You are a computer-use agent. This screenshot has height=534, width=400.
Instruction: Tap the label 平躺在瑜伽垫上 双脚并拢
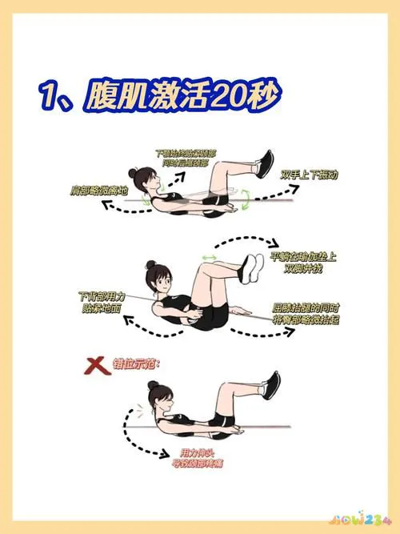coord(303,264)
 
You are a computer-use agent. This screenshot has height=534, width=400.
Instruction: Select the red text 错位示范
coord(141,364)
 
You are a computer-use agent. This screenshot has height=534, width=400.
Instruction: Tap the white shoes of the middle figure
coord(254,268)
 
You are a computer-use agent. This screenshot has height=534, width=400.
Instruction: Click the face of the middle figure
coord(162,281)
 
